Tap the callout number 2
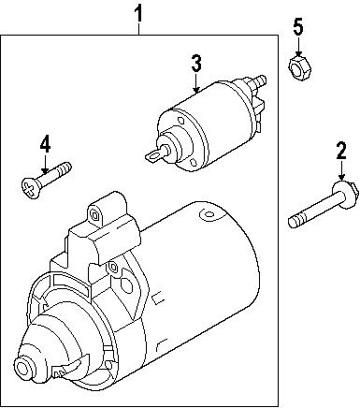[341, 151]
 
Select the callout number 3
[196, 64]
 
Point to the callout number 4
[43, 144]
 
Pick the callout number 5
[297, 27]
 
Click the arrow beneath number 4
[43, 163]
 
